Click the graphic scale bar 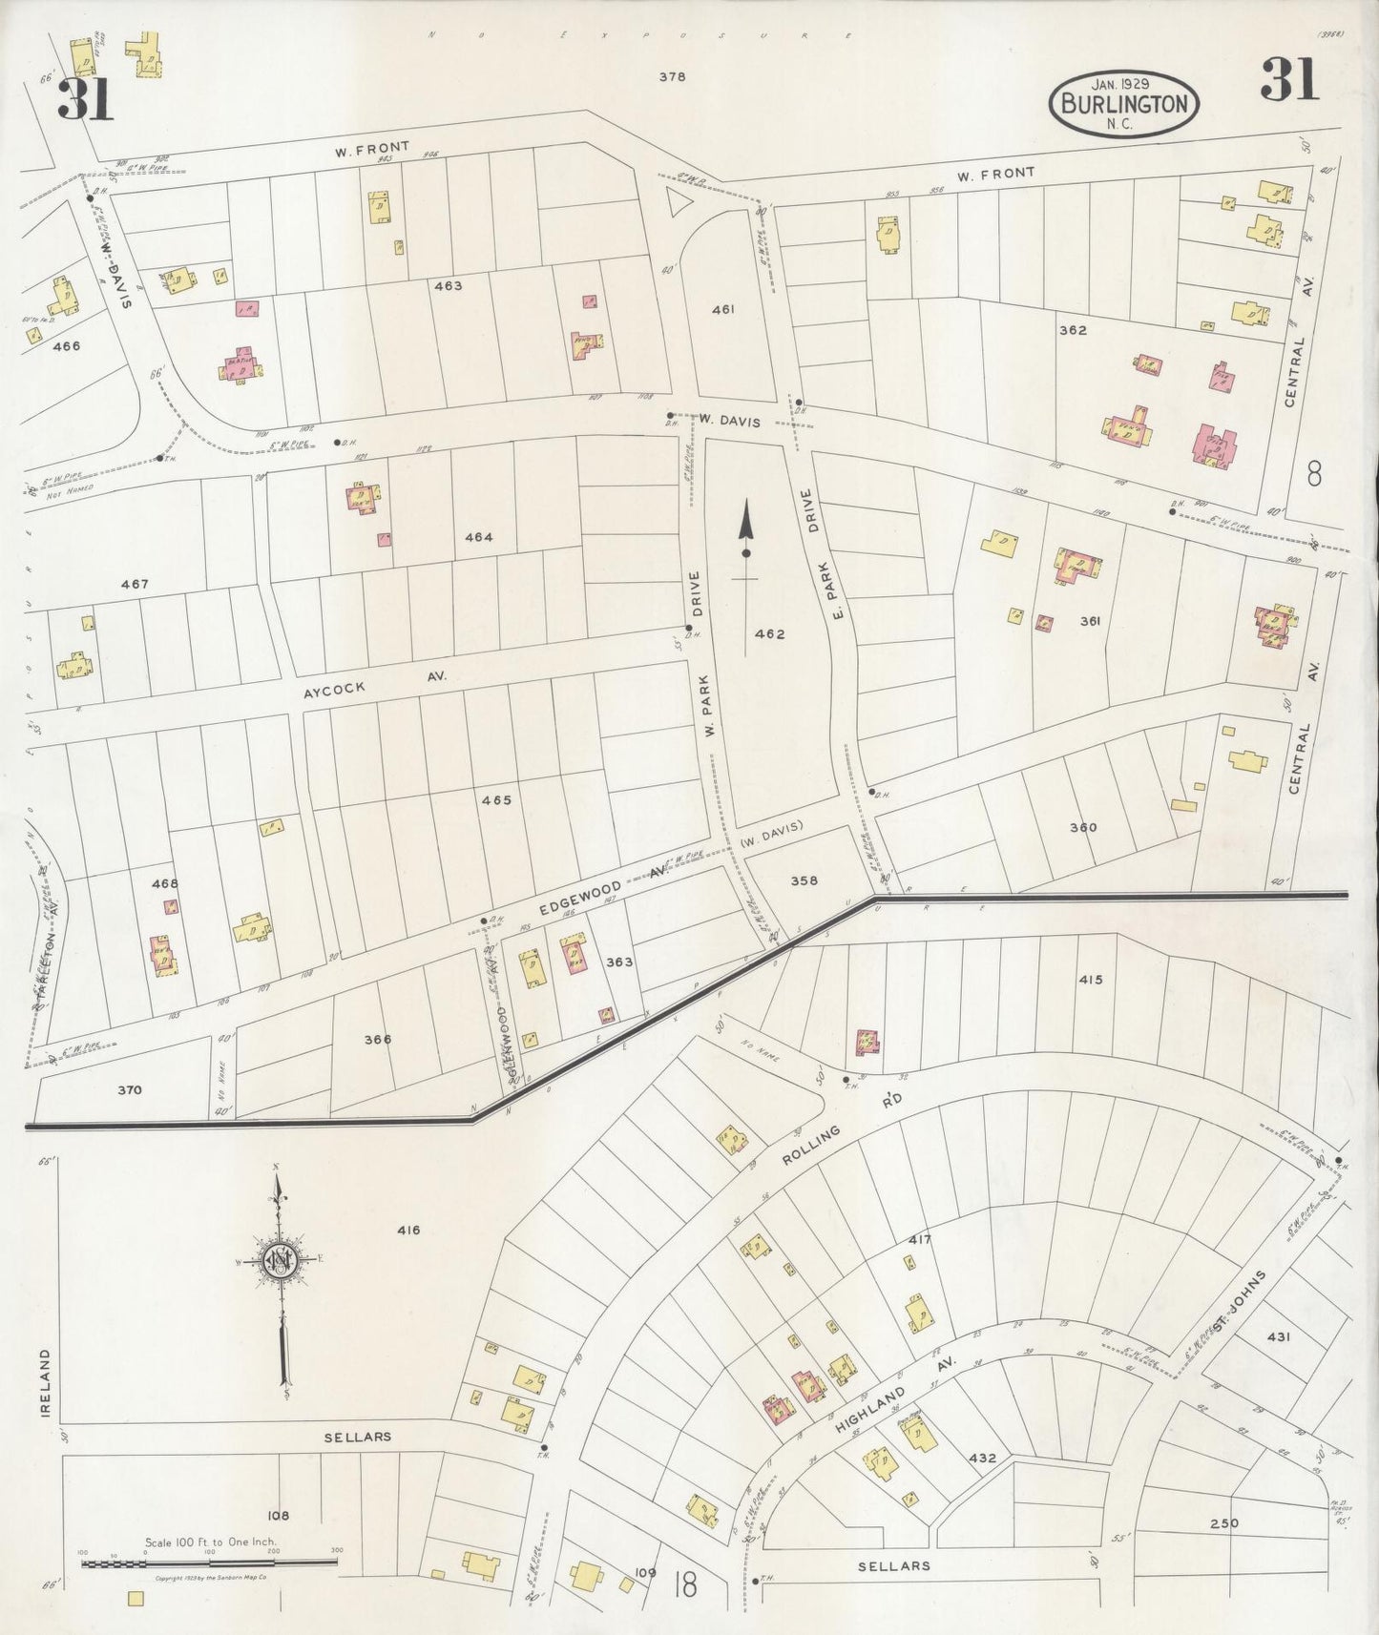click(x=210, y=1564)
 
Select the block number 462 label click(x=769, y=633)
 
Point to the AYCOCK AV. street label click(x=374, y=684)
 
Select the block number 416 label click(x=408, y=1230)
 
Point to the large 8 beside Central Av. click(x=1315, y=473)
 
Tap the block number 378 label click(x=672, y=78)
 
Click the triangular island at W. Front click(x=677, y=201)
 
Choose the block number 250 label click(x=1223, y=1523)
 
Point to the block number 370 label click(x=130, y=1089)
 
